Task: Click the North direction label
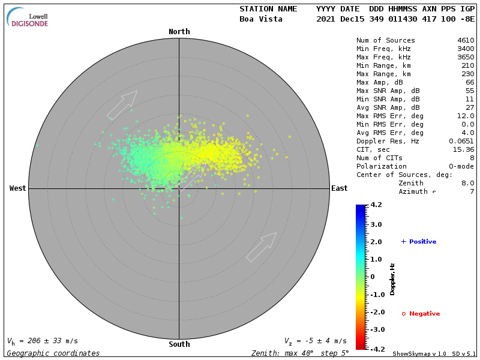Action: click(179, 32)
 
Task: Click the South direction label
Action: click(179, 344)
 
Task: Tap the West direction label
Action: click(17, 188)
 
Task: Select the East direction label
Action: click(340, 188)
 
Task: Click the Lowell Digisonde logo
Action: click(28, 18)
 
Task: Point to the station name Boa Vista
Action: click(262, 19)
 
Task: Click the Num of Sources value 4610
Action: click(466, 41)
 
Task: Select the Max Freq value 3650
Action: click(466, 58)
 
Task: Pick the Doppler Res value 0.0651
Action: click(462, 142)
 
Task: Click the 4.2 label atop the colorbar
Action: click(376, 205)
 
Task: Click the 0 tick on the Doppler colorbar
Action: click(373, 277)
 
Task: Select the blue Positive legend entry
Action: click(419, 242)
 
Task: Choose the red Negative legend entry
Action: click(421, 314)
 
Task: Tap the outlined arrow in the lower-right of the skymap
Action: click(262, 247)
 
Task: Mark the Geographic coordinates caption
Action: click(53, 353)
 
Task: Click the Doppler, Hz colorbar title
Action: click(392, 278)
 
